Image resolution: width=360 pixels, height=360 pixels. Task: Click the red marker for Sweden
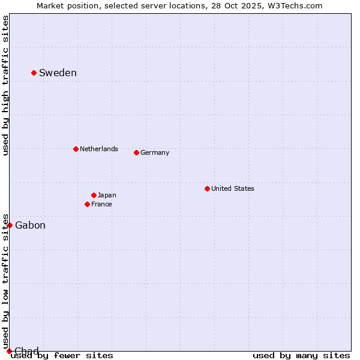pos(34,73)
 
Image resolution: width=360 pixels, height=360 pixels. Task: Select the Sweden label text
pos(58,73)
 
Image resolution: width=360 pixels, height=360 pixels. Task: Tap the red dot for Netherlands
pos(76,149)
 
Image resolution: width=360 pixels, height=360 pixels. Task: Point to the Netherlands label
pos(99,149)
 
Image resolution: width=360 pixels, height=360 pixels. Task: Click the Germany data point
pos(136,152)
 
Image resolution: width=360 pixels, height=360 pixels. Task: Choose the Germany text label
pos(155,152)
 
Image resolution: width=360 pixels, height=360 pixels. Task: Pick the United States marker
pos(207,188)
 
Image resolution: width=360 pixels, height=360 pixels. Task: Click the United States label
pos(233,188)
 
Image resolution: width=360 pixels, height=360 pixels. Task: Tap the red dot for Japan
pos(94,195)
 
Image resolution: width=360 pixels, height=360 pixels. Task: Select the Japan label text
pos(107,195)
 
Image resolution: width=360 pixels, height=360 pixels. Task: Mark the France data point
pos(87,204)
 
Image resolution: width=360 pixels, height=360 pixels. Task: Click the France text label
pos(101,204)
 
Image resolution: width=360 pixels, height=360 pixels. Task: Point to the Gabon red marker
pos(10,225)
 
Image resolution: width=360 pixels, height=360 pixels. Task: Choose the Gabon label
pos(30,226)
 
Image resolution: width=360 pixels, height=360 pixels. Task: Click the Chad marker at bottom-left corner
pos(9,351)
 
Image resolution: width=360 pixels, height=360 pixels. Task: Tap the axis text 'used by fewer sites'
pos(62,356)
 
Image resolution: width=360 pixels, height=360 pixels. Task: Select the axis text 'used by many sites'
pos(301,356)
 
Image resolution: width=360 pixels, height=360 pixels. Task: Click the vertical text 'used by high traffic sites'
pos(5,85)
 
